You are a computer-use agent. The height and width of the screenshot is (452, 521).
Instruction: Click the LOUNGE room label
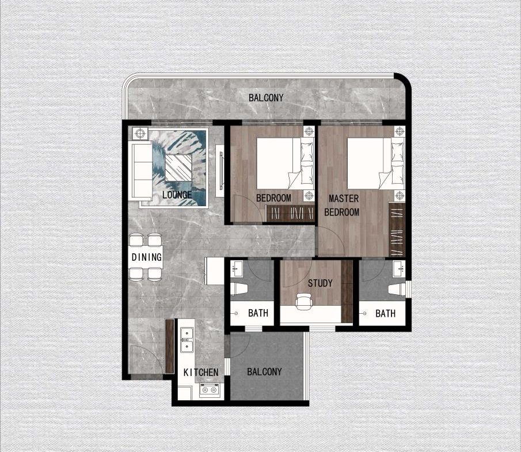(x=177, y=195)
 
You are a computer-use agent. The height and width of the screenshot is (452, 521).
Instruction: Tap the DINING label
(x=146, y=257)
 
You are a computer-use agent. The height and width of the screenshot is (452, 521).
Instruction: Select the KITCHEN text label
(x=201, y=373)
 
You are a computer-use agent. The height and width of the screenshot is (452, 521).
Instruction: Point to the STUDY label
(x=320, y=283)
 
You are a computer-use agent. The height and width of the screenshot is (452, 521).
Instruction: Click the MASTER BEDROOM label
(x=343, y=206)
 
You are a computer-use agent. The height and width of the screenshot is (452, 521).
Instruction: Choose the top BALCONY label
(x=266, y=97)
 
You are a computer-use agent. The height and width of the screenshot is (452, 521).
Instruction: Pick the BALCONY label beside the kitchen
(x=264, y=372)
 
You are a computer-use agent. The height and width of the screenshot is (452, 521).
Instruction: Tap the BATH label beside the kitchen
(x=258, y=314)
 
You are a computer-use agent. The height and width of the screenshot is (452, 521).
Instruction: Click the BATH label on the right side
(x=385, y=314)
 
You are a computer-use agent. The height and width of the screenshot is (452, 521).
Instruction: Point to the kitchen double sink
(x=186, y=339)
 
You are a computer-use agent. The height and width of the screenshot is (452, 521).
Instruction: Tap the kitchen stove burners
(x=208, y=391)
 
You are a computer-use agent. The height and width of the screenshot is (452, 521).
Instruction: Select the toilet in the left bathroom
(x=238, y=288)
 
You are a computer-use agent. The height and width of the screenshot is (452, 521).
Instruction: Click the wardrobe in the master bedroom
(x=397, y=230)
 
